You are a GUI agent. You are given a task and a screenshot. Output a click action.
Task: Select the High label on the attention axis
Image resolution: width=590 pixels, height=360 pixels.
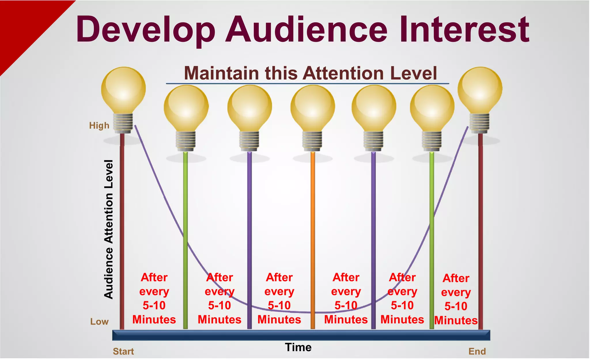click(99, 126)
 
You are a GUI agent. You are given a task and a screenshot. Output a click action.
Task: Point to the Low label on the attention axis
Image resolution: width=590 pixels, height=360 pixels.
click(99, 322)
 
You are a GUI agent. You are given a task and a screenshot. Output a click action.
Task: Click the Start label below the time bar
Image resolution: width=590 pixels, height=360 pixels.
click(123, 352)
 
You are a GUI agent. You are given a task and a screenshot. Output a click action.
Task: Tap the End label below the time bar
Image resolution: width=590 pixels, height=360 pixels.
click(477, 352)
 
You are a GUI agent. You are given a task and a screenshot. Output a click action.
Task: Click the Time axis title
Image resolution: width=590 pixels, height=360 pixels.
click(298, 347)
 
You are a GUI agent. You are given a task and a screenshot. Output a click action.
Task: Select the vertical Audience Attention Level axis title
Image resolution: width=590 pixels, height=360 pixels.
click(109, 229)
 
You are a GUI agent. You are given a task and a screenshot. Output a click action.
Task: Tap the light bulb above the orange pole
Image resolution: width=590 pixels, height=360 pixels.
click(313, 110)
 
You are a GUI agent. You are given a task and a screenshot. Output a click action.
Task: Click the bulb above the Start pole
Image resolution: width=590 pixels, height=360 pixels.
click(123, 92)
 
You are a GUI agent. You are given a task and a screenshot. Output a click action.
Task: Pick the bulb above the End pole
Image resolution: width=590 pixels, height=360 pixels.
click(480, 92)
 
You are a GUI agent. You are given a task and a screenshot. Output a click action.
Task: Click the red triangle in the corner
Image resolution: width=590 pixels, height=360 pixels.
click(23, 26)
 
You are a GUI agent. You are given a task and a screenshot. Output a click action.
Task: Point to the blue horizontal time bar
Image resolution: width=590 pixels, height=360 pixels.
click(301, 335)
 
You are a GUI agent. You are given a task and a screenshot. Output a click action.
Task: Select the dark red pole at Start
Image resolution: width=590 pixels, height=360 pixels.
click(122, 231)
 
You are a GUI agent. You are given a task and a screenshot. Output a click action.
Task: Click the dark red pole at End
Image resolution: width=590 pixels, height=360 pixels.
click(480, 231)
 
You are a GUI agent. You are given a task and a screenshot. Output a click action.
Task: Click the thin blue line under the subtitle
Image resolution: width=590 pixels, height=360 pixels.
click(307, 84)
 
